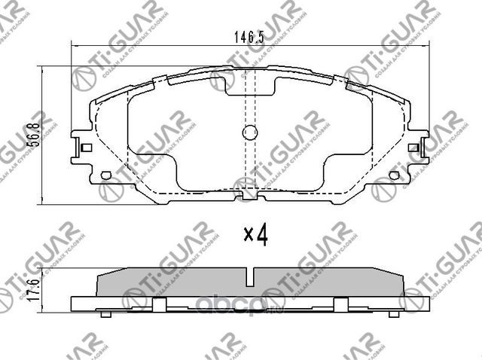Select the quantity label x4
coord(256,236)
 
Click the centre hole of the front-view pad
coord(250,134)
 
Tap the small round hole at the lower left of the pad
coord(105,176)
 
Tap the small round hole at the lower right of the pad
coord(395,176)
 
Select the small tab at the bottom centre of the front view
coord(250,197)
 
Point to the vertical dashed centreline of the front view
coord(250,162)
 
